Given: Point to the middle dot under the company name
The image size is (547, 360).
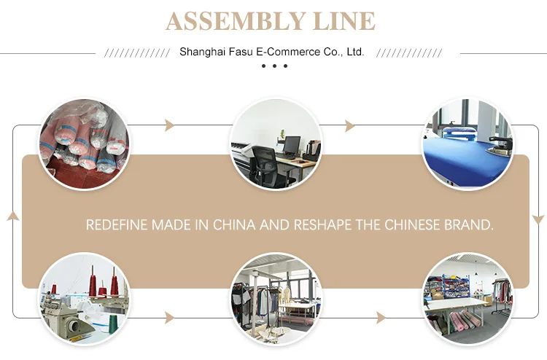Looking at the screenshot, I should click(274, 66).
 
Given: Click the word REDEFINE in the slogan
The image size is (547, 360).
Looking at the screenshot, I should click(117, 225).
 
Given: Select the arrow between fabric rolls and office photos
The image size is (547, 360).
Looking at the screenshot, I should click(170, 125).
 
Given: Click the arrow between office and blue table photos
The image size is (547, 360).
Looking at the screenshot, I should click(350, 125).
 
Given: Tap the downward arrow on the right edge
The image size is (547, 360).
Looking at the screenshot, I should click(538, 219).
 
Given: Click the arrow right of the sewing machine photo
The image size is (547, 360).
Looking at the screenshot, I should click(170, 317).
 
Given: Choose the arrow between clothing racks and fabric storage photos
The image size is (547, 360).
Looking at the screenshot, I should click(380, 317).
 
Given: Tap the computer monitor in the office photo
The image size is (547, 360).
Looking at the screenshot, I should click(292, 145).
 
